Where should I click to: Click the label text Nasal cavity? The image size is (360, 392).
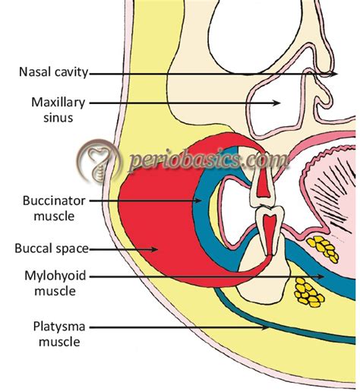(x=53, y=74)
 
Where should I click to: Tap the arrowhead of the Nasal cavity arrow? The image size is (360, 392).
(x=337, y=74)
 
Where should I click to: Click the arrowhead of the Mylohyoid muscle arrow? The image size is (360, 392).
(x=322, y=277)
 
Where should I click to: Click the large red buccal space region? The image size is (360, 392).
(x=148, y=228)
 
